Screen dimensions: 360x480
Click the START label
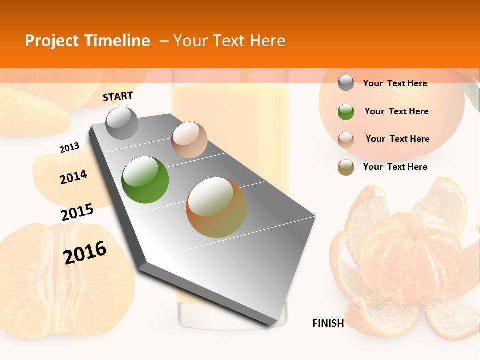point(118,96)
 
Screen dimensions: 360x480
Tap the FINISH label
point(328,323)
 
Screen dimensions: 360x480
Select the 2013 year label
point(69,148)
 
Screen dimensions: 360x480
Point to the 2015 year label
point(77,212)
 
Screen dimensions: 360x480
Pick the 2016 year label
point(85,252)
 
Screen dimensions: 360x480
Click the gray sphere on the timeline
point(122,123)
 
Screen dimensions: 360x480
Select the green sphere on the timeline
point(145,180)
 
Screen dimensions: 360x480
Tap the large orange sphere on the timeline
point(216,207)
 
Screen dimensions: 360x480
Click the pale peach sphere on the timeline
point(189,139)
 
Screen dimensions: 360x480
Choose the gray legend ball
point(346,83)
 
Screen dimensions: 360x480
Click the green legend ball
point(346,112)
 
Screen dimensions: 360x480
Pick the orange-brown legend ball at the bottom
point(346,167)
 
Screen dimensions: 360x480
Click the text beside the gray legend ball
point(395,83)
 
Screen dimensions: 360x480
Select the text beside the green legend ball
point(396,111)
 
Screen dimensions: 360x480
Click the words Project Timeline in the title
point(87,41)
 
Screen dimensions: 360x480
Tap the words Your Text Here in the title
point(229,41)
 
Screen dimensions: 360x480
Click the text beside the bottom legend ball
point(395,167)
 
